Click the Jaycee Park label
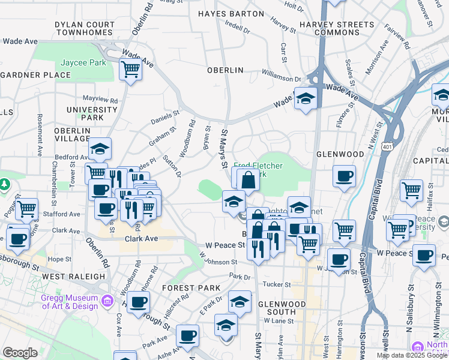[x=83, y=62]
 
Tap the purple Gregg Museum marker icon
[x=107, y=299]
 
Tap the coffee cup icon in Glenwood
[x=345, y=176]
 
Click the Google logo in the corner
[x=20, y=353]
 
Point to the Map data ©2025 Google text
[x=412, y=355]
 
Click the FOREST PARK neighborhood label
[x=191, y=288]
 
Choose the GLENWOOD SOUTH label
[x=277, y=308]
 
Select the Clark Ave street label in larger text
[x=141, y=238]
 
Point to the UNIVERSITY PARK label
[x=92, y=113]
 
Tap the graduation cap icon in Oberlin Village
[x=100, y=149]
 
